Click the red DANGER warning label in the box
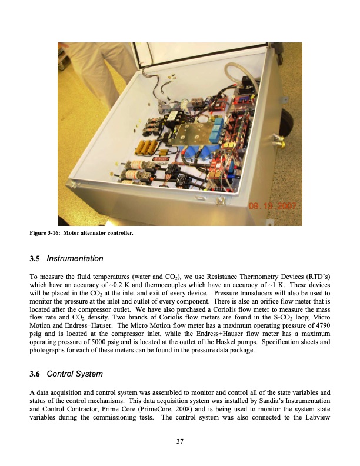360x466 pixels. [x=161, y=158]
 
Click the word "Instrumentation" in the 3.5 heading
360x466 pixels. [x=75, y=259]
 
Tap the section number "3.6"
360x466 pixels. [x=35, y=373]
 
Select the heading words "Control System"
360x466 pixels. [x=75, y=373]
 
